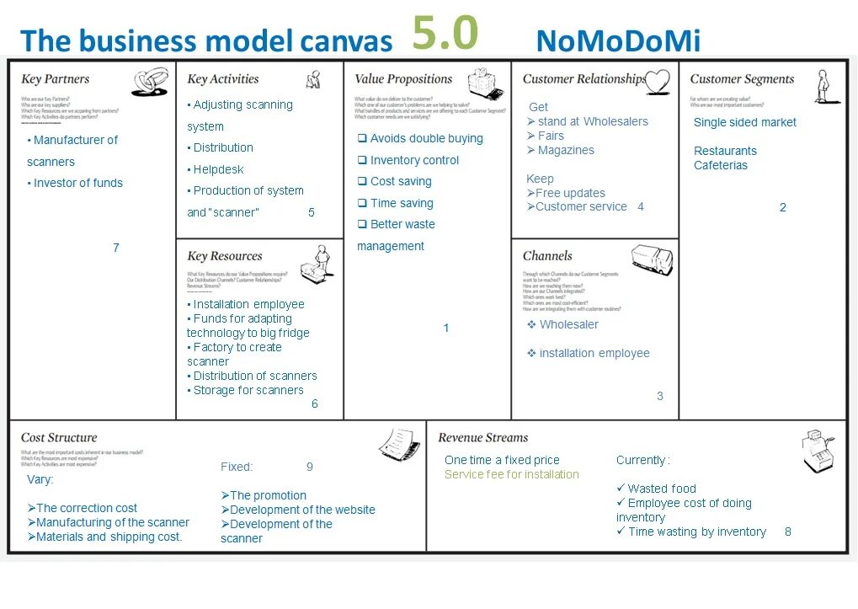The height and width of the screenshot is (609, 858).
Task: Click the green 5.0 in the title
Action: point(445,35)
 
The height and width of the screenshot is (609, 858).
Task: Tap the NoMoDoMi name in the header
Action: point(617,40)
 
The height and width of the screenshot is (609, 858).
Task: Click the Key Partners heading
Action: point(55,79)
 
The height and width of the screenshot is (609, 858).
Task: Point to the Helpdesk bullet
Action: point(218,169)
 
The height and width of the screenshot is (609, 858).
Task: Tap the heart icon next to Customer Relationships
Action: point(657,81)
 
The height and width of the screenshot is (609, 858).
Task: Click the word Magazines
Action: point(566,150)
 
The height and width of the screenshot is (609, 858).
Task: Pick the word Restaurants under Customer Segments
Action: point(725,151)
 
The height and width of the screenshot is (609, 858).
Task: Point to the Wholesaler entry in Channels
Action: point(568,324)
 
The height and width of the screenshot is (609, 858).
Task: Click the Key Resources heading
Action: point(224,256)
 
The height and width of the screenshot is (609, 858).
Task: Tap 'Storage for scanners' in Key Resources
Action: point(248,390)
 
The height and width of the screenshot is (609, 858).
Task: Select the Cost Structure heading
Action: point(59,438)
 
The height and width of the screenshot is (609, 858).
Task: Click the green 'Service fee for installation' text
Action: point(512,474)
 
